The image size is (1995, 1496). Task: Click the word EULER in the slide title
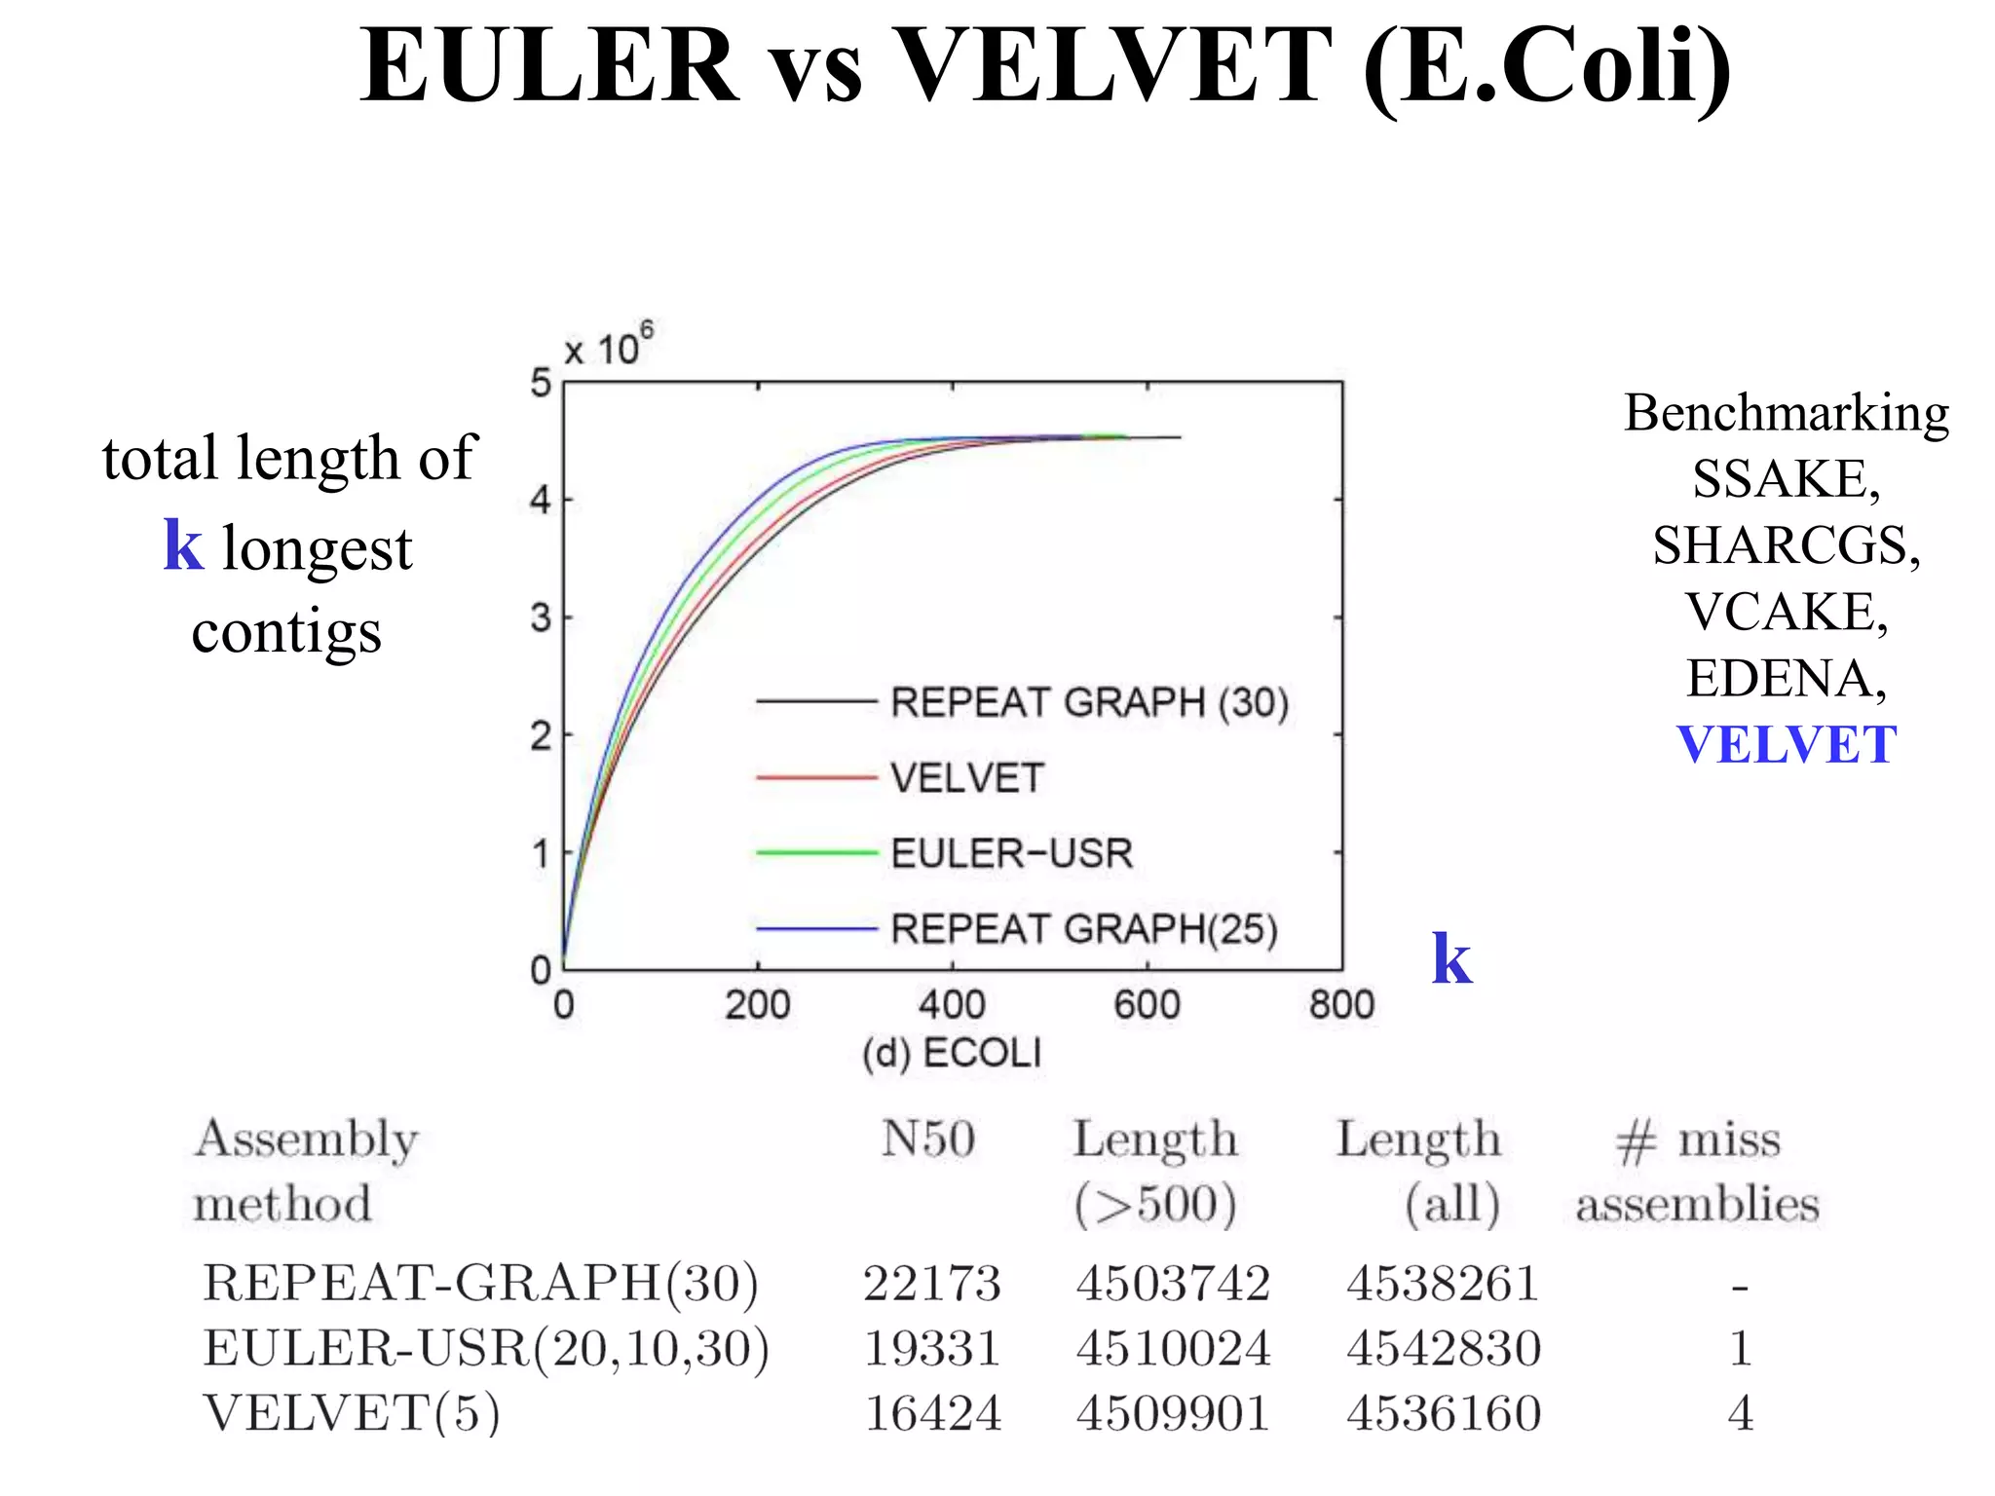[549, 66]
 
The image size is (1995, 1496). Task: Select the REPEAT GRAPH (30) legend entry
[1088, 702]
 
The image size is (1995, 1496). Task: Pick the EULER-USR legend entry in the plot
[1011, 853]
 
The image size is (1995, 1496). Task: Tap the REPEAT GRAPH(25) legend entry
[1083, 929]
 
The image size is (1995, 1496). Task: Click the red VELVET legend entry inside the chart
[966, 778]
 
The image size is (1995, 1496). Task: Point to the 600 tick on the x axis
[1147, 1004]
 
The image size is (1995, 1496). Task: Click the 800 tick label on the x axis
[1341, 1004]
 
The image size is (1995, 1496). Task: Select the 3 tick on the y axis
[541, 617]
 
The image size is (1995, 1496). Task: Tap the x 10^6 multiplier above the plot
[609, 346]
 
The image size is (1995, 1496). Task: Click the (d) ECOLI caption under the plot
[952, 1053]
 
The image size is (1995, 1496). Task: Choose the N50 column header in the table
[927, 1139]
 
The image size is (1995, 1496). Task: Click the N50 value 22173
[932, 1283]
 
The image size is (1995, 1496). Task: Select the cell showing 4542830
[1444, 1348]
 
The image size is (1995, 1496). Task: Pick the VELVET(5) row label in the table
[352, 1413]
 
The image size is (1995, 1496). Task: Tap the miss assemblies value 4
[1740, 1413]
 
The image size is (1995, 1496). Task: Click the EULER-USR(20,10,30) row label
[485, 1348]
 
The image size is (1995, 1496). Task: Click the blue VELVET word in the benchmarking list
[1786, 745]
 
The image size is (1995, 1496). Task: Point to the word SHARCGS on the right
[1786, 545]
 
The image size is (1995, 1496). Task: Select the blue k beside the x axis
[1450, 959]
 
